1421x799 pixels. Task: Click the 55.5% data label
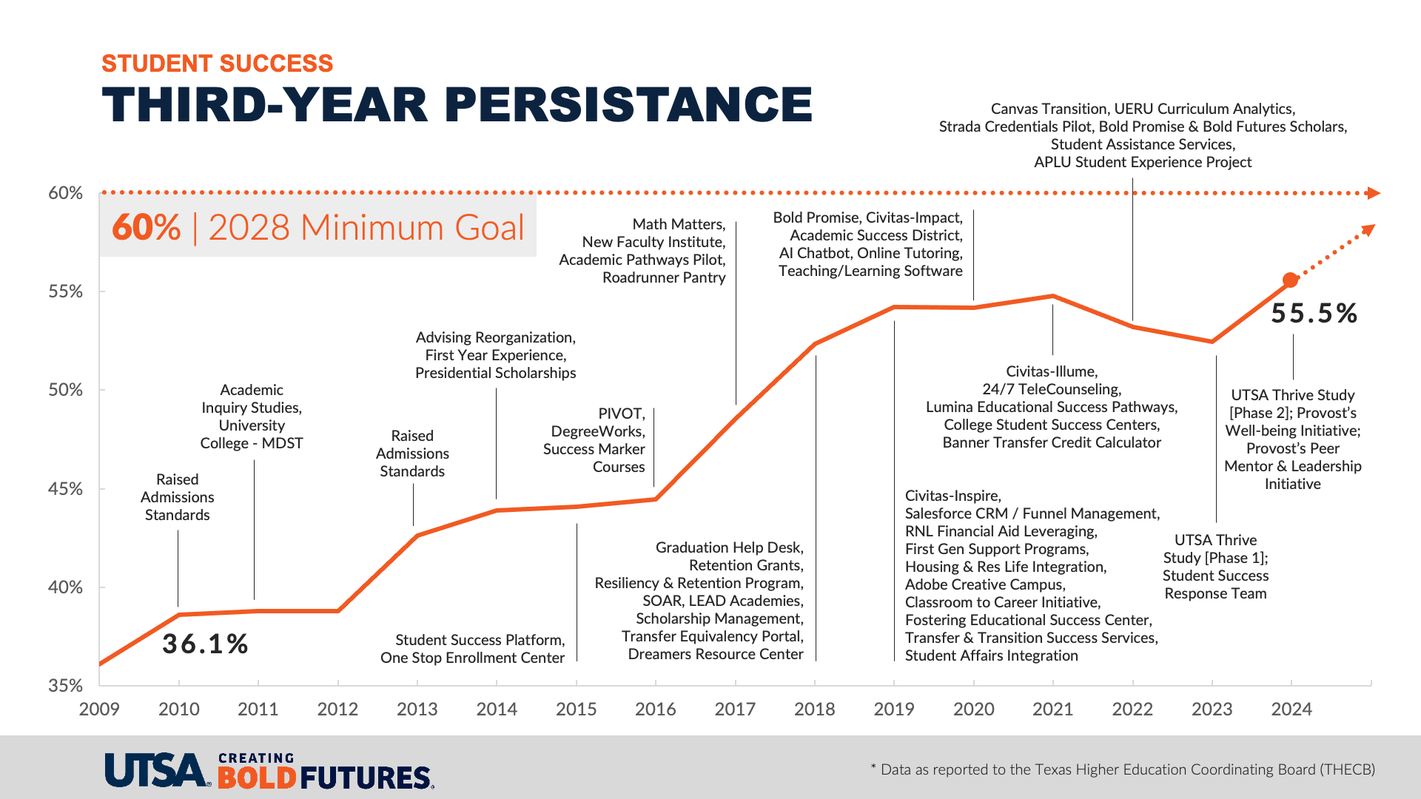coord(1314,314)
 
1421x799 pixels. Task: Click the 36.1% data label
coord(205,644)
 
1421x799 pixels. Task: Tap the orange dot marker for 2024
coord(1290,280)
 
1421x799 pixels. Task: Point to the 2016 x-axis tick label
coord(656,709)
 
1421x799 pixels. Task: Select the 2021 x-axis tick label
coord(1053,709)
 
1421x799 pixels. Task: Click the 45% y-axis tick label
coord(65,489)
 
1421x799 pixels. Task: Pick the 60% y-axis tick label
coord(65,193)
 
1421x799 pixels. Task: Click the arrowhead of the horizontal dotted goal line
coord(1374,193)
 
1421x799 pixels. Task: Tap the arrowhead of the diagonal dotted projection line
coord(1368,229)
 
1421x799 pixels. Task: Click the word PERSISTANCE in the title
coord(629,104)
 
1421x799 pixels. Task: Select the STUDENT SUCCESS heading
coord(218,64)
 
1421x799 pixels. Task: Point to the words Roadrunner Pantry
coord(664,277)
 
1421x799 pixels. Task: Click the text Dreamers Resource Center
coord(716,654)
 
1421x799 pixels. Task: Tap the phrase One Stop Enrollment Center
coord(472,658)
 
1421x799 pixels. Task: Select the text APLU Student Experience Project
coord(1143,162)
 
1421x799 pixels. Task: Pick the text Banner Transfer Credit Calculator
coord(1052,442)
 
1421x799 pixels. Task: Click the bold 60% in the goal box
coord(147,227)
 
